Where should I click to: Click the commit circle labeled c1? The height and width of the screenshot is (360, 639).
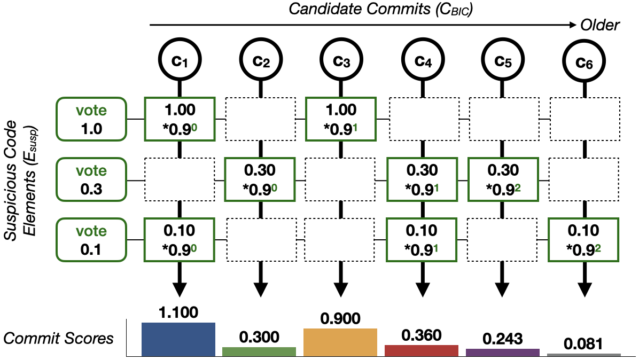pos(180,60)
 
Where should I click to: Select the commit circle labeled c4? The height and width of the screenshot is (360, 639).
pos(423,60)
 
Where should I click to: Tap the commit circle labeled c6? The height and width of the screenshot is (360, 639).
pos(584,61)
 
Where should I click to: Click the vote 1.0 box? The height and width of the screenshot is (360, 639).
pos(91,119)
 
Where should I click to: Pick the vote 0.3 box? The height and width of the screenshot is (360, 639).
pos(91,179)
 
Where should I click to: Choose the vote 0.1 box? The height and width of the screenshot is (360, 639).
pos(91,240)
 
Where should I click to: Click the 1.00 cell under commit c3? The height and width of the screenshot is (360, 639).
pos(341,119)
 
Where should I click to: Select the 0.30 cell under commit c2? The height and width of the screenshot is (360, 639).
pos(260,179)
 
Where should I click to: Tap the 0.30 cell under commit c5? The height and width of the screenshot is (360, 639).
pos(503,179)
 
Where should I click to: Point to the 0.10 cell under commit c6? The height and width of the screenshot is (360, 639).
pos(583,240)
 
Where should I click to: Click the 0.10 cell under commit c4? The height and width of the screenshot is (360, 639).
pos(422,240)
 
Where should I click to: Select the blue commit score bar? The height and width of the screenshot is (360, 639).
pos(178,340)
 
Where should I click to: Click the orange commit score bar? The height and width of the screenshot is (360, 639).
pos(340,342)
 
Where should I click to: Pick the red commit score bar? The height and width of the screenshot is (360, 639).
pos(422,350)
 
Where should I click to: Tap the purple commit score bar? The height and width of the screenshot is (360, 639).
pos(502,353)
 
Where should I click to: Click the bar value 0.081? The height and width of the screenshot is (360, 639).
pos(583,344)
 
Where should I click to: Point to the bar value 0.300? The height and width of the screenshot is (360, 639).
pos(259,337)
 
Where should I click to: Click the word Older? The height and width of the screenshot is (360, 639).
pos(600,25)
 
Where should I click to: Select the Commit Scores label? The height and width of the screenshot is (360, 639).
pos(58,339)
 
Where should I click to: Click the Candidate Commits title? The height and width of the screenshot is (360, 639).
pos(380,9)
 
